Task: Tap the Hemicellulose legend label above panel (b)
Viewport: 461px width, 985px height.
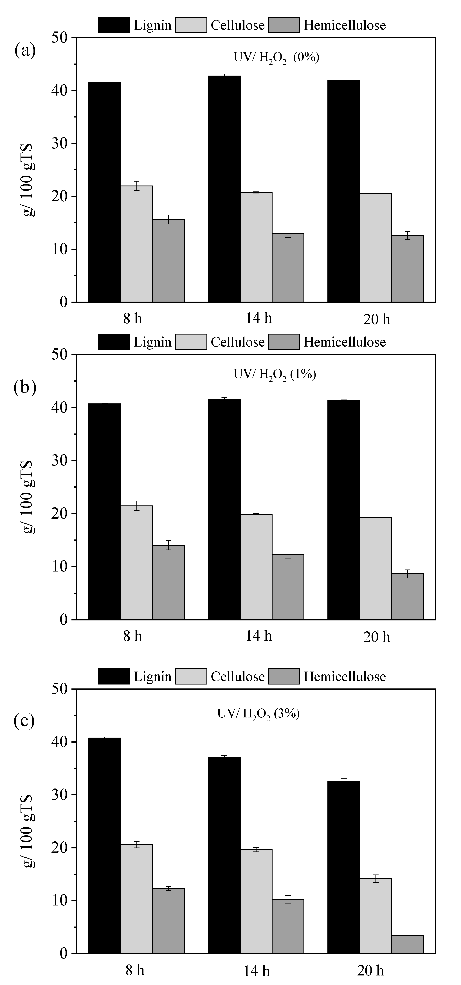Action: pyautogui.click(x=344, y=342)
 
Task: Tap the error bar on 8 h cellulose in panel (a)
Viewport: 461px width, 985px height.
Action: pyautogui.click(x=137, y=186)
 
